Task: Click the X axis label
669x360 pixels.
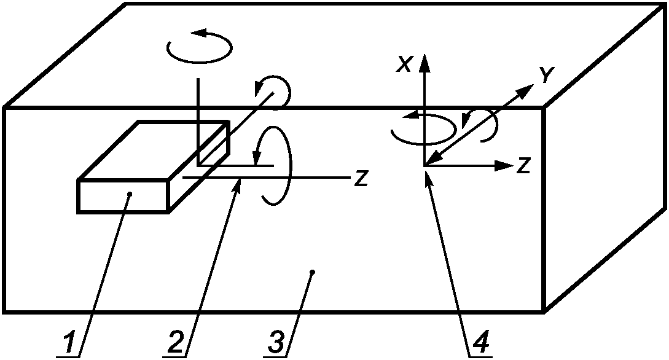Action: pos(404,65)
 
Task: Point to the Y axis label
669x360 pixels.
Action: pos(546,75)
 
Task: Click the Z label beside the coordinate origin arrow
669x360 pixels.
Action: pos(523,166)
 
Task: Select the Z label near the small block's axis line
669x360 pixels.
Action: pos(361,179)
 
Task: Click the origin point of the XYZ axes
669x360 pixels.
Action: pos(424,165)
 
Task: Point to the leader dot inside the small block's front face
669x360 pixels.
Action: pos(129,195)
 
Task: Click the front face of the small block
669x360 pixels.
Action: pos(123,197)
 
